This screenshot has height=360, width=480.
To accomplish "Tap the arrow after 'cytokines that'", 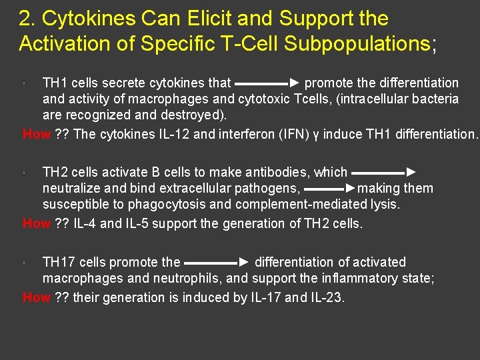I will click(x=267, y=84).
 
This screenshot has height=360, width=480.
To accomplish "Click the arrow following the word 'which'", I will click(x=384, y=173).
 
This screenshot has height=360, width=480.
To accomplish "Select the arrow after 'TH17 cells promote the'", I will click(x=217, y=263).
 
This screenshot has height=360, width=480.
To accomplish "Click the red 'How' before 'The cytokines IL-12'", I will click(x=37, y=134).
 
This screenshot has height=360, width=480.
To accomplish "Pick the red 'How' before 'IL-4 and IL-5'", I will click(x=37, y=223).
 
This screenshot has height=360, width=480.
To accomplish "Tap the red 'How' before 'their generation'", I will click(x=37, y=297).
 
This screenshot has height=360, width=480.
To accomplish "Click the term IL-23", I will click(x=327, y=297).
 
